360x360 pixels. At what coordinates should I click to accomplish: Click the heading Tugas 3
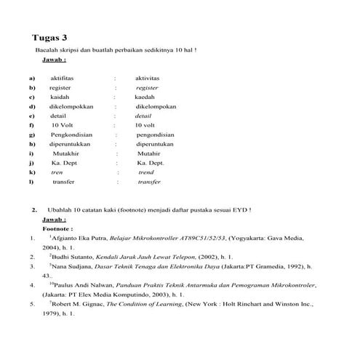[x=55, y=38]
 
